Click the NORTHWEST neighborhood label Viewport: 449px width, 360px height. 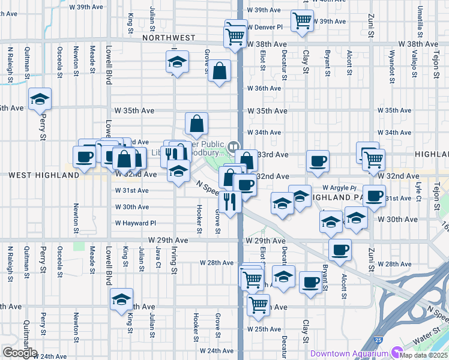pos(169,38)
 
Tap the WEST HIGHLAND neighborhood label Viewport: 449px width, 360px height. pos(44,175)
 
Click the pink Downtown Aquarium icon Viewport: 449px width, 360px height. pos(396,353)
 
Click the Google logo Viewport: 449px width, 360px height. pos(20,353)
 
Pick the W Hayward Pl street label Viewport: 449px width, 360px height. pos(136,223)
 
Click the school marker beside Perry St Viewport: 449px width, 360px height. pos(40,100)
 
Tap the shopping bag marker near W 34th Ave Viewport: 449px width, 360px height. pos(196,124)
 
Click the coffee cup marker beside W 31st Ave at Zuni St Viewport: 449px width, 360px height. pos(374,195)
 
